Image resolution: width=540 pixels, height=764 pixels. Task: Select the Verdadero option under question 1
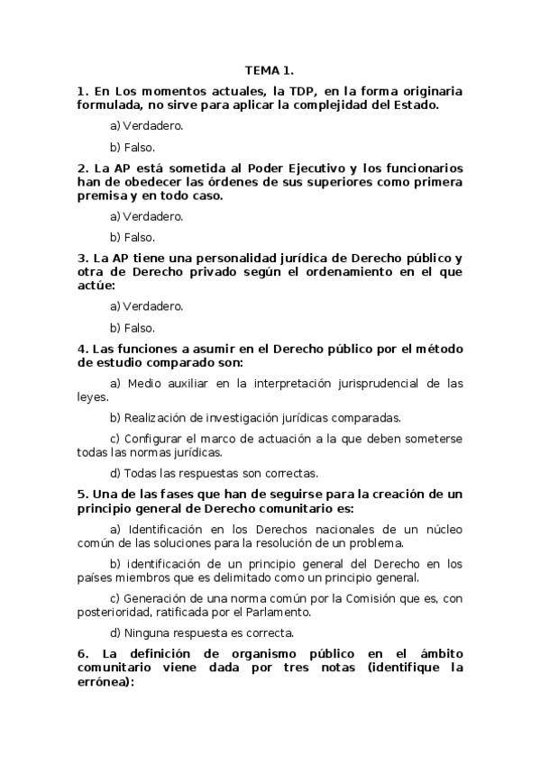click(147, 126)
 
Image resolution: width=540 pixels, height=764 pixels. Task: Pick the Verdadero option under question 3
click(147, 306)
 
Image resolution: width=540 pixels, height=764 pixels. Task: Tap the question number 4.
click(82, 349)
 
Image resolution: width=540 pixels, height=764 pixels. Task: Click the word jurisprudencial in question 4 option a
click(352, 383)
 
